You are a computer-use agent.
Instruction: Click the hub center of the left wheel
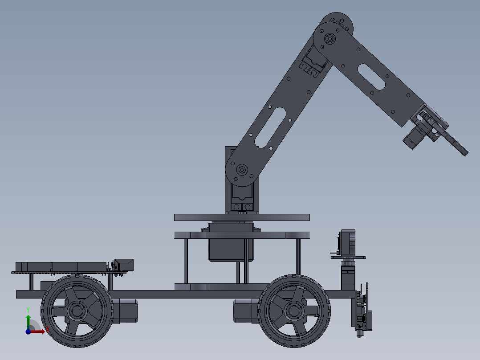point(77,311)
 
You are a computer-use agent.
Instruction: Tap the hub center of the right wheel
point(294,310)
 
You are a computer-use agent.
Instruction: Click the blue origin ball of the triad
point(28,331)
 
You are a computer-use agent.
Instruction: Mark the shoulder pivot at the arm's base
point(242,169)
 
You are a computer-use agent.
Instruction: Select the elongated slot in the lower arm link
point(270,127)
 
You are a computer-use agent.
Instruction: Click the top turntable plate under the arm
point(241,217)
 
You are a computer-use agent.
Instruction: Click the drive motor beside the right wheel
point(245,311)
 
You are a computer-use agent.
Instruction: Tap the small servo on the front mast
point(347,242)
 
